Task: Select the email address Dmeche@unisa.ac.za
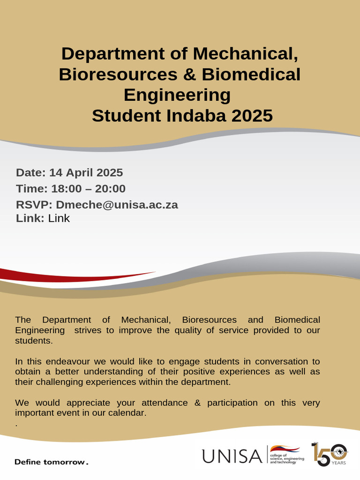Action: coord(117,205)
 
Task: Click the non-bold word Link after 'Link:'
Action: coord(59,218)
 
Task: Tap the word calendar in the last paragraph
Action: coord(125,413)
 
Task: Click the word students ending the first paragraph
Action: coord(32,341)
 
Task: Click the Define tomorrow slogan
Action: coord(51,462)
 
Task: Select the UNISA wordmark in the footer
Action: coord(232,456)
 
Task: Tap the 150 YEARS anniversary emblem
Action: coord(329,454)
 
